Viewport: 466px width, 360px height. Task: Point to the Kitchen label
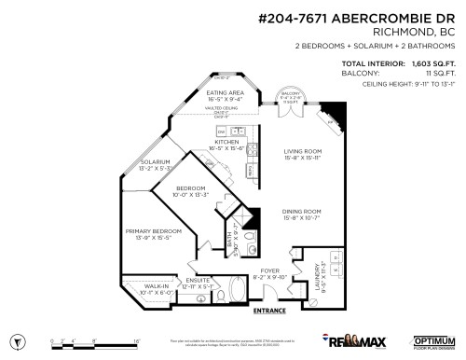227,142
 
